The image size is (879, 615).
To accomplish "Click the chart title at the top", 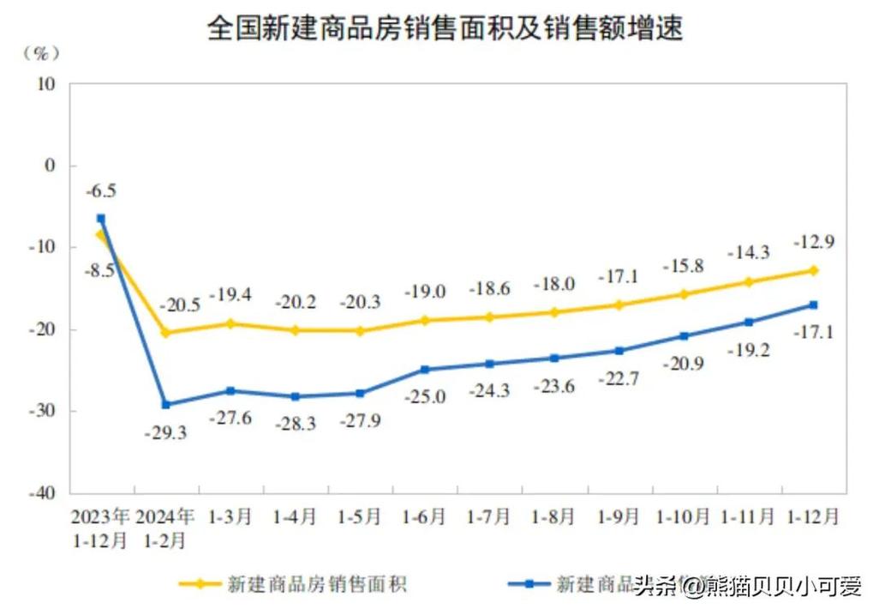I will (x=445, y=29).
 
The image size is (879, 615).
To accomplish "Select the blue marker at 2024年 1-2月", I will (x=165, y=404).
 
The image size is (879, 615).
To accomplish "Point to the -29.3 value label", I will (x=165, y=433).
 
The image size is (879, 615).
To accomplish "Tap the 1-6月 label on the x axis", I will (x=424, y=517).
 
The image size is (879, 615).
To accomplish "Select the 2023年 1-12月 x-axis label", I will (x=101, y=528).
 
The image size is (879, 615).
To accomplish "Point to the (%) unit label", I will (x=41, y=52).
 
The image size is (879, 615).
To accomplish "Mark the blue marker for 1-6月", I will (x=425, y=370).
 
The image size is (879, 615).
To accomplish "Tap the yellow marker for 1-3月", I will (x=230, y=323).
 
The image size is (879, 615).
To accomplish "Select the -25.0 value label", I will (x=425, y=396).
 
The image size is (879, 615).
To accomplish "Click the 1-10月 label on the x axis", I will (x=683, y=517).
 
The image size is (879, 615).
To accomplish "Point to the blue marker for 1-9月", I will (x=619, y=350).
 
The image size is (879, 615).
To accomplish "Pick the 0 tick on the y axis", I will (x=50, y=166).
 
